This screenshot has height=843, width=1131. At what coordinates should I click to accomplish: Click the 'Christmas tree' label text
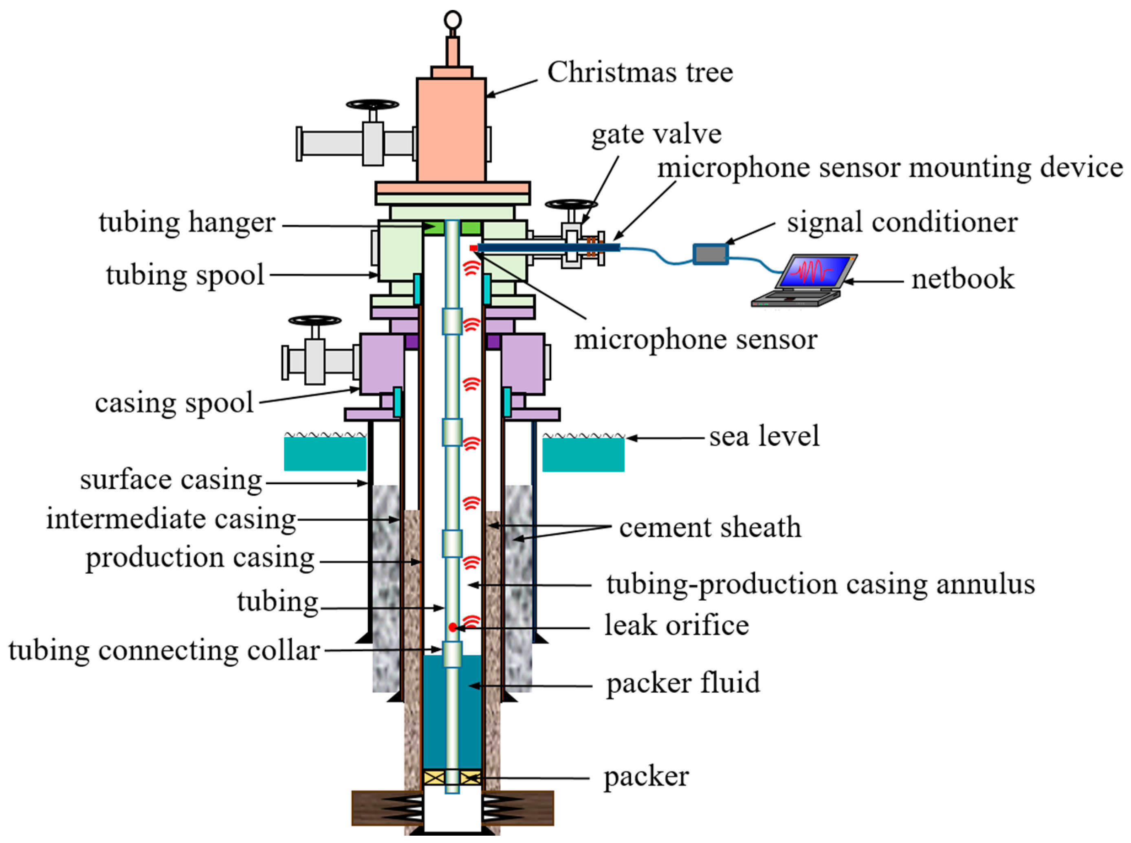[640, 72]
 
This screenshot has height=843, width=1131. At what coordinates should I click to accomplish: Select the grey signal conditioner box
[710, 254]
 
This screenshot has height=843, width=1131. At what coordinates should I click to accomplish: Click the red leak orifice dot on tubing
[452, 627]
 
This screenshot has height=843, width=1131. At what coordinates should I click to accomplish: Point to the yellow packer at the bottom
[452, 778]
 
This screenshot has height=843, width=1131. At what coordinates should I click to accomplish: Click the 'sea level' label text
[764, 436]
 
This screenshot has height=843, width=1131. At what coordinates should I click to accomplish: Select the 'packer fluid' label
[682, 683]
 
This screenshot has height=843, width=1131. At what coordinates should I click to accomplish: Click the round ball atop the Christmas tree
[452, 20]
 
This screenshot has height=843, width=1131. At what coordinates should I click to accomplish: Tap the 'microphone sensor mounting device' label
[889, 167]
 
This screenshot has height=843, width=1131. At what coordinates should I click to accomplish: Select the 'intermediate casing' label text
[171, 519]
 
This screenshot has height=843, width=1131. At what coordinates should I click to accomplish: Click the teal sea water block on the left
[325, 454]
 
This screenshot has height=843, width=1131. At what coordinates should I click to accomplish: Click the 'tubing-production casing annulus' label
[820, 584]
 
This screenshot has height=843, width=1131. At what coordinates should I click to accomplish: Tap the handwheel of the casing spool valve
[315, 321]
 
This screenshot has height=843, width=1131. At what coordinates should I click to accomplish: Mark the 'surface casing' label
[171, 480]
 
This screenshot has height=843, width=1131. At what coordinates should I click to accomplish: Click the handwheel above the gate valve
[571, 204]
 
